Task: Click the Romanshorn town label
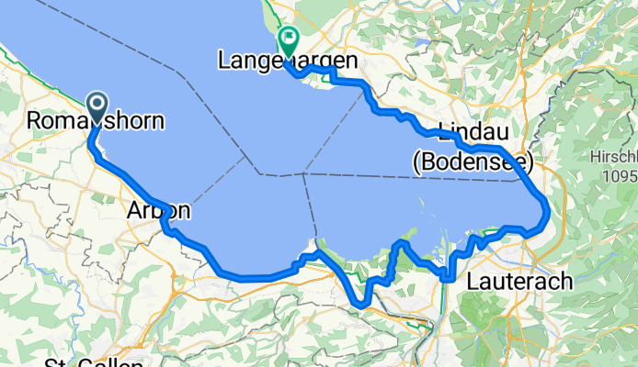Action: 97,120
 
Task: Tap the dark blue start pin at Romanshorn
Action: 96,105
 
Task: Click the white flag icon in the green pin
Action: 289,39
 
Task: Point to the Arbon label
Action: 157,212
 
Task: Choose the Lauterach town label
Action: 520,280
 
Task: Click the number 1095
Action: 619,173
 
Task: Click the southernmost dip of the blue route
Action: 362,303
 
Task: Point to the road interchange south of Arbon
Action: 170,228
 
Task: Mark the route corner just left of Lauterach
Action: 445,275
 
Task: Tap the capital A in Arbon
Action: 131,212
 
